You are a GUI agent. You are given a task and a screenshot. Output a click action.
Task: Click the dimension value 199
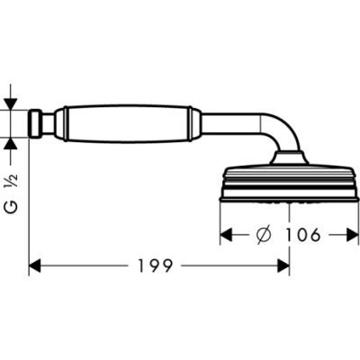pos(156,265)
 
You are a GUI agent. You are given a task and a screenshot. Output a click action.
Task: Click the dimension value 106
pos(302,235)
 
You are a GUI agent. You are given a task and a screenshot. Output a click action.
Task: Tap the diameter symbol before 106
pos(265,235)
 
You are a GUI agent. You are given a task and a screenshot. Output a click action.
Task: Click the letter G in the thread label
pos(13,208)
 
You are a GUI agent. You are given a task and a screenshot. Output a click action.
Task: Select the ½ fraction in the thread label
pos(13,181)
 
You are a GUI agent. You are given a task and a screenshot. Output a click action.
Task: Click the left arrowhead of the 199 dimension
pos(34,265)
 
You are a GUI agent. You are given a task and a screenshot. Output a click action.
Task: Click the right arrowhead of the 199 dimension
pos(283,265)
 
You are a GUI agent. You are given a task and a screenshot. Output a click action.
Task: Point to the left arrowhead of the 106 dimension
pos(227,235)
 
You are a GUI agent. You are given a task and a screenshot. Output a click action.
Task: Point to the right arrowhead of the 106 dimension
pos(353,235)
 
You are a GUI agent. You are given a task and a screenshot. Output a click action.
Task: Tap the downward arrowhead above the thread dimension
pos(11,104)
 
